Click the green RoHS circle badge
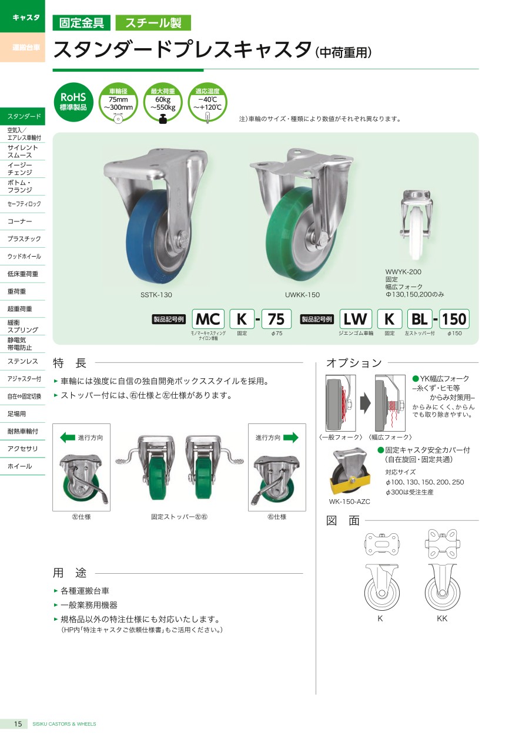pos(73,102)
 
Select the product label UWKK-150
pos(302,295)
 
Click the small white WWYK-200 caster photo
pos(416,225)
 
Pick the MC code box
pos(208,319)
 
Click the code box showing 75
pos(276,319)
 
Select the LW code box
pos(356,319)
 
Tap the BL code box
pos(420,319)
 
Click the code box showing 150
pos(454,319)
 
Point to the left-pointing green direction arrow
pos(68,437)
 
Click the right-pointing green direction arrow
pos(290,437)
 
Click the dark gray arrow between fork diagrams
pos(365,403)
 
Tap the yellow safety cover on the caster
pos(349,482)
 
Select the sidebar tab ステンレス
pos(23,361)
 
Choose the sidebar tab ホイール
pos(20,466)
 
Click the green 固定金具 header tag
pos(82,23)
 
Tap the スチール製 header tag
pos(153,23)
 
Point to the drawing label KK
pos(442,618)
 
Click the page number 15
pos(18,733)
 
